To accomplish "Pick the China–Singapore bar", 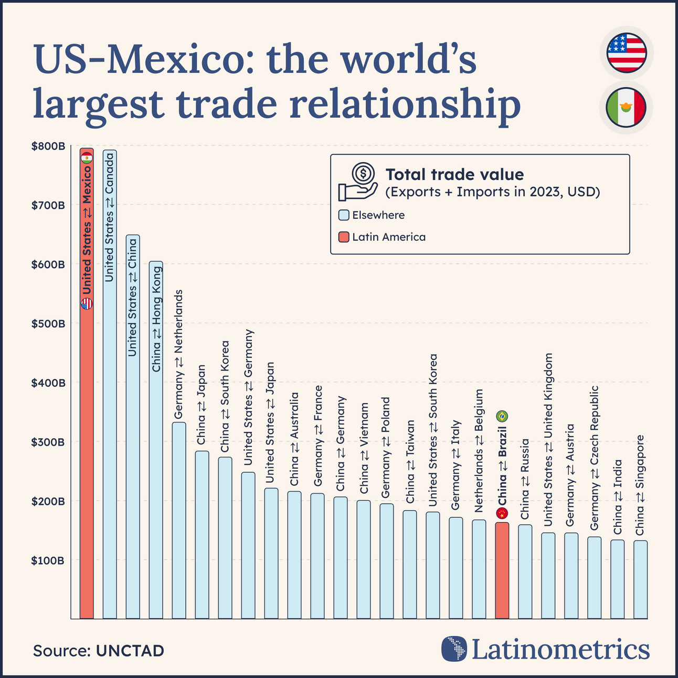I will click(640, 579).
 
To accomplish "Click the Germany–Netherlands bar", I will click(179, 520).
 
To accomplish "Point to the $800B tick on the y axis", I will click(48, 146).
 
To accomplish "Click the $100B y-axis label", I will click(48, 560).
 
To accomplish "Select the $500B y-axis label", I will click(48, 324).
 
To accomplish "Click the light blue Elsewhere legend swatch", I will click(344, 215).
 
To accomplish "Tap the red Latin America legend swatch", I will click(344, 237).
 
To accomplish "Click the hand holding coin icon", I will click(358, 182).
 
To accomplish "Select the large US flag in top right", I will click(626, 53).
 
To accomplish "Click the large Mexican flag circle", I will click(626, 108).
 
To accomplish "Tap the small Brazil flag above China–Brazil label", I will click(502, 417).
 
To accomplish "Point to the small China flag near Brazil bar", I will click(502, 513).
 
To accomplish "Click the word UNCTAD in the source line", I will click(130, 651).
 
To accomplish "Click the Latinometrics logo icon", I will click(454, 649).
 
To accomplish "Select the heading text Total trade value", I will click(454, 174).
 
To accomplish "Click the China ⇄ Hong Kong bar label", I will click(156, 320).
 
